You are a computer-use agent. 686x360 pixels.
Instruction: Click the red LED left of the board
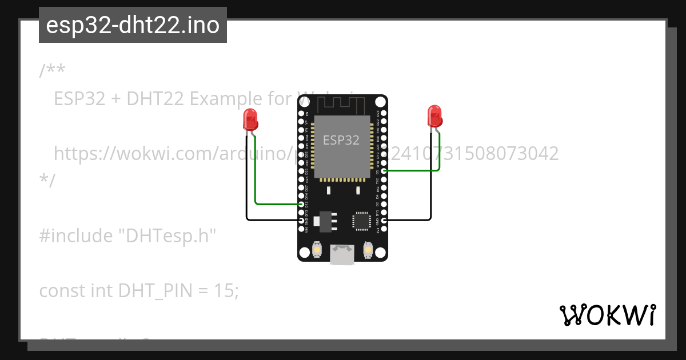250,119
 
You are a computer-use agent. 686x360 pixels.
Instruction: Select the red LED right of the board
434,115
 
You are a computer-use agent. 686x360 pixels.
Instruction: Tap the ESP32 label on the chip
341,140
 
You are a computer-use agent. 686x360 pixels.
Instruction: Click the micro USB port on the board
342,255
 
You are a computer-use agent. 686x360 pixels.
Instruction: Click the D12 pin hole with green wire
302,204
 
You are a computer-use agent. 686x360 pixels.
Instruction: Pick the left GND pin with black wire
302,220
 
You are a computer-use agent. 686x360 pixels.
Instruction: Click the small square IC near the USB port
361,221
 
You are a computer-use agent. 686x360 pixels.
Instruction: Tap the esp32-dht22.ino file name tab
133,25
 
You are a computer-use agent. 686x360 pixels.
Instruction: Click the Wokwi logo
607,315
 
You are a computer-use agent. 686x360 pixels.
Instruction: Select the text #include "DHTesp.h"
128,235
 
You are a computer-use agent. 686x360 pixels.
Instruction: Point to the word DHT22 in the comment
155,99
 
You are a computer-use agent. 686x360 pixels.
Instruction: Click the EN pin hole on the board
302,114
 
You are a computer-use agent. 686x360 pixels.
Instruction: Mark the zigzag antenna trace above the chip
342,105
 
